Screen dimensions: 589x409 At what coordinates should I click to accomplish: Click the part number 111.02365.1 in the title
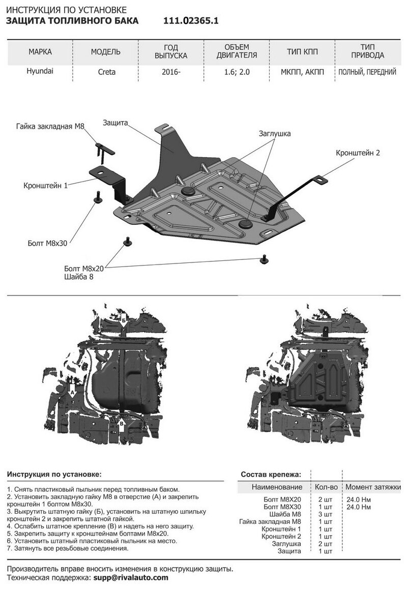(x=191, y=21)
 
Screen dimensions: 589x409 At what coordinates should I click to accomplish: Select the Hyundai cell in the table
(x=40, y=72)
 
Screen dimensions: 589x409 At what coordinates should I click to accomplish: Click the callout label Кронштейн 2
(x=358, y=153)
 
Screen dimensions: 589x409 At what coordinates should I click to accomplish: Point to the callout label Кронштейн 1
(x=45, y=186)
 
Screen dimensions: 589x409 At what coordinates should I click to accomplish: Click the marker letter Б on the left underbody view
(x=123, y=320)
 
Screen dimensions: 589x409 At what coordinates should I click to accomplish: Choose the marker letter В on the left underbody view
(x=122, y=422)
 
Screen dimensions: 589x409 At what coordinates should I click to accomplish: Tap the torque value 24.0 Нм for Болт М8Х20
(x=358, y=500)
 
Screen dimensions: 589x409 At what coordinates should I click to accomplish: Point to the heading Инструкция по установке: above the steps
(x=54, y=474)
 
